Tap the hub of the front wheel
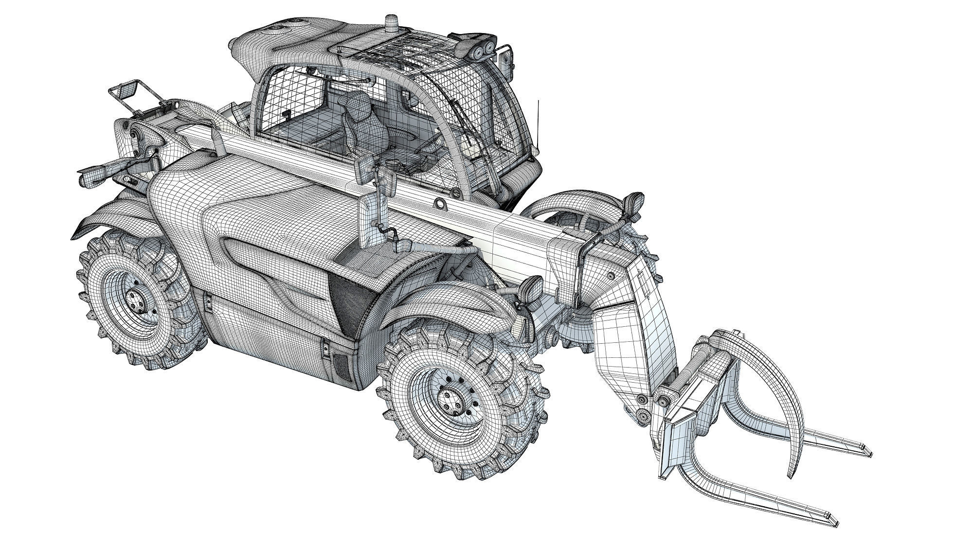pyautogui.click(x=450, y=400)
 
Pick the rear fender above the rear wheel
pyautogui.click(x=117, y=214)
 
